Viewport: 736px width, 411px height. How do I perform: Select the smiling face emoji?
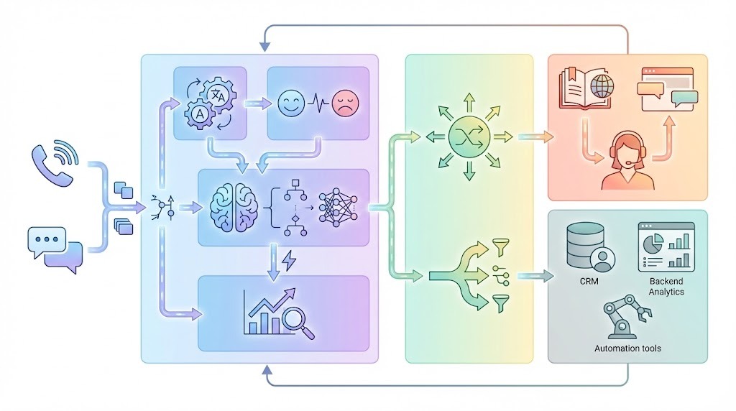290,103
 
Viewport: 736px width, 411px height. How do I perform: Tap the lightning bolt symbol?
289,261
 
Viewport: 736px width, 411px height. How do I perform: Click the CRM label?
589,282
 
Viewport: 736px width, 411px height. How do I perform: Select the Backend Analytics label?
666,287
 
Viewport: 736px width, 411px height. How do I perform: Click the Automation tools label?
627,348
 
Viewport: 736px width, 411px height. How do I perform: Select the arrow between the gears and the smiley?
254,103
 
